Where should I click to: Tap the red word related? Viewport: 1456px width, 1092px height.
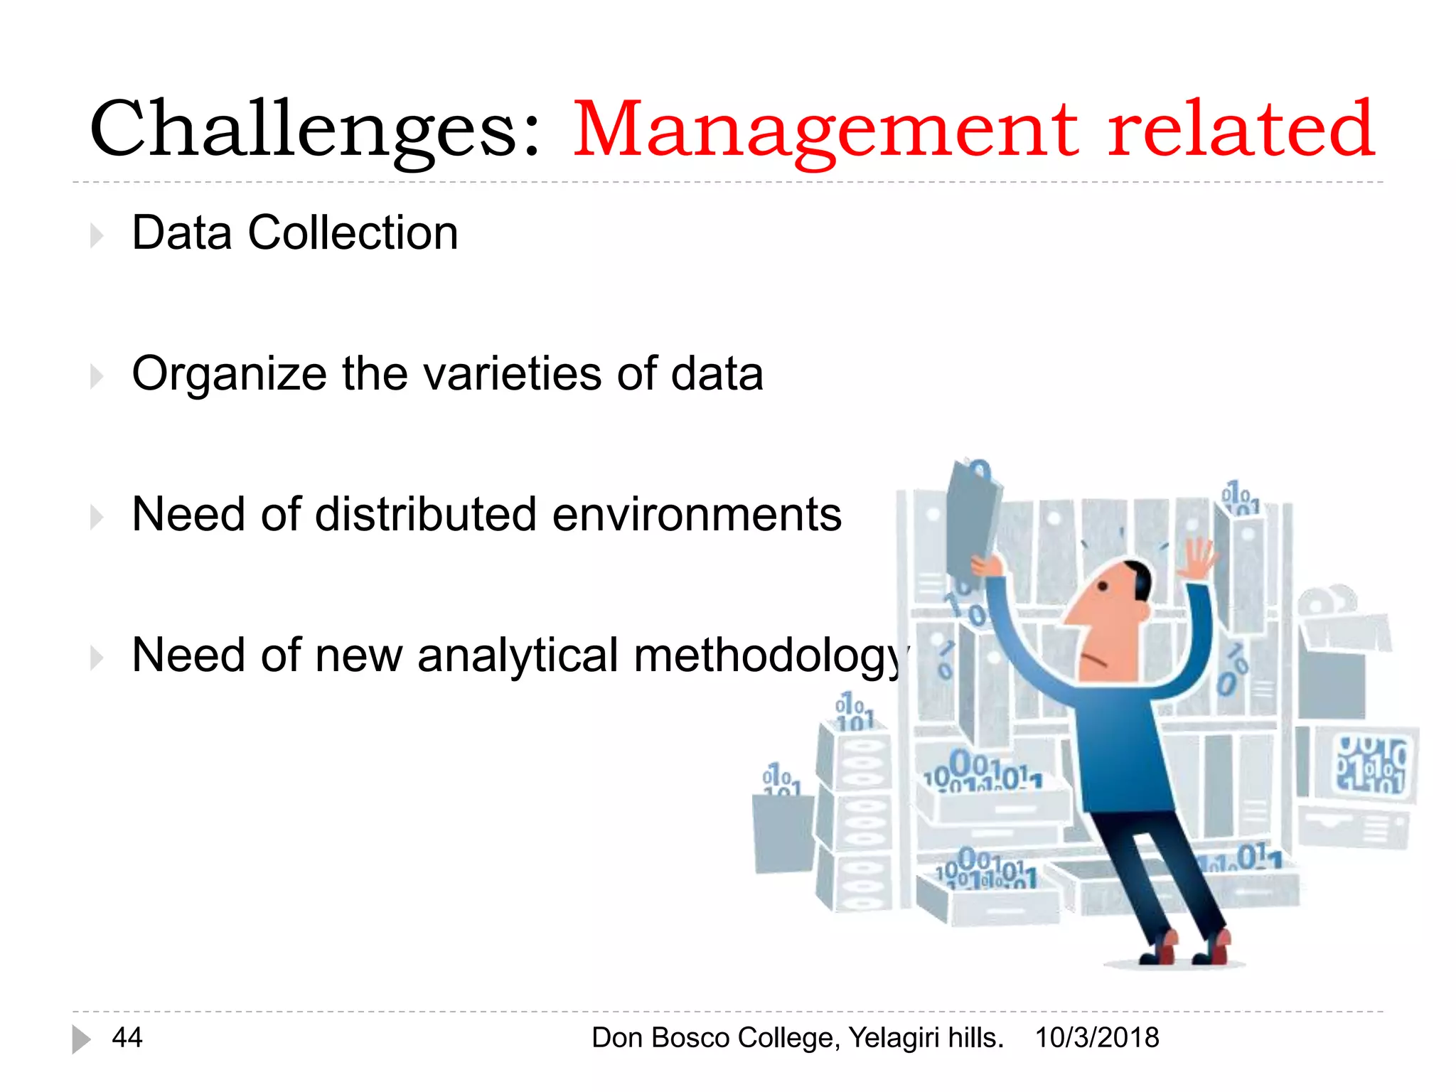pos(1240,129)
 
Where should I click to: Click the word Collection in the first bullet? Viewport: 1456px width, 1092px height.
pos(353,233)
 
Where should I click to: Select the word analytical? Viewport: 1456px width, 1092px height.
pos(518,655)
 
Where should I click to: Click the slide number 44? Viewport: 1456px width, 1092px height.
pos(127,1038)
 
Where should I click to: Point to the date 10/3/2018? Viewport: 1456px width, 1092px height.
pos(1097,1038)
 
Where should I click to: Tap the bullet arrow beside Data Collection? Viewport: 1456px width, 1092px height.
pos(97,235)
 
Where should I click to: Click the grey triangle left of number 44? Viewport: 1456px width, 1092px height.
pos(80,1039)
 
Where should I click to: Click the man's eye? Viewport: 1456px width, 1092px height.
pos(1103,587)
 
